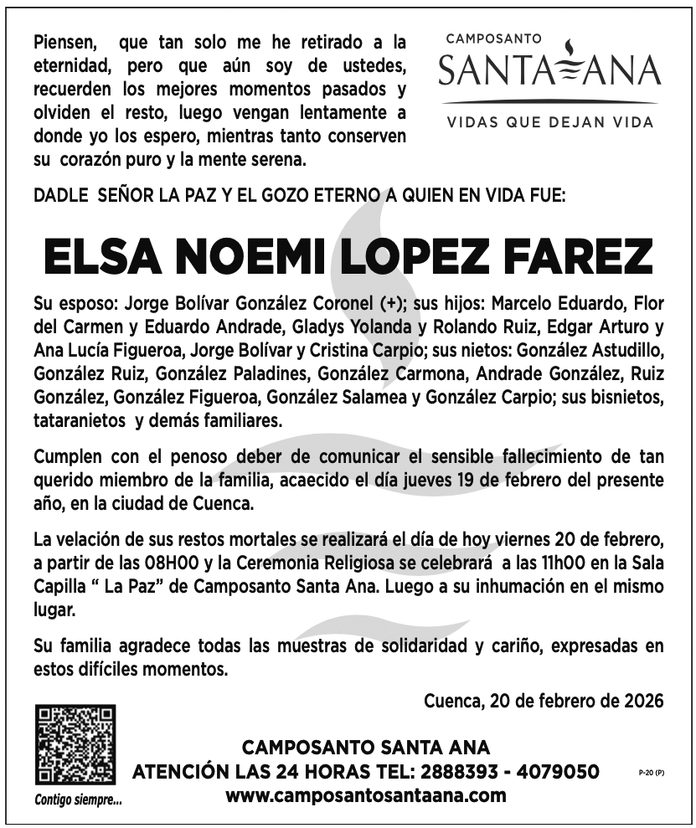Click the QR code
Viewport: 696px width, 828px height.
pos(74,746)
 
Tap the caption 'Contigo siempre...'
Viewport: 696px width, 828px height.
pos(78,800)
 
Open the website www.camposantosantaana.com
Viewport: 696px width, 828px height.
pos(366,795)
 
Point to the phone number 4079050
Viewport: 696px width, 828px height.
pos(559,771)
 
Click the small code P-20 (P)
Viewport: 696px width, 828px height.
pos(648,772)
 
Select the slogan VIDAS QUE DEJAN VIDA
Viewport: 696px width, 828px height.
pos(549,122)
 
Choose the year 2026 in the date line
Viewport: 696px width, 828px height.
pos(641,700)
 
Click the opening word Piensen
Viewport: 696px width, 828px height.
pos(64,42)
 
